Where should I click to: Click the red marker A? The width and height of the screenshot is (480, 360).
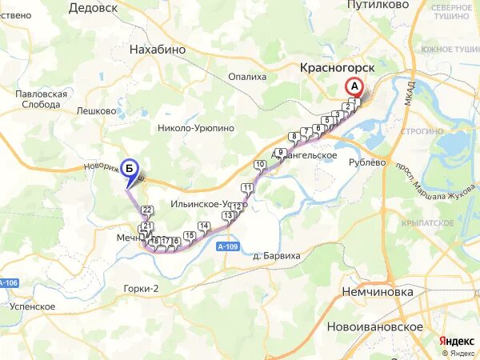point(353,86)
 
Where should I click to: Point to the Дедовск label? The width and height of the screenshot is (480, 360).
point(93,7)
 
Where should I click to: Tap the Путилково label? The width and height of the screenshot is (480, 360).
point(378,5)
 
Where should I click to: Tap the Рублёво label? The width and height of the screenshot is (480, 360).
point(369,162)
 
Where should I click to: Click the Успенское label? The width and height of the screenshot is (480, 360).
point(33,306)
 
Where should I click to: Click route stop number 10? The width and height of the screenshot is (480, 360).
point(259,165)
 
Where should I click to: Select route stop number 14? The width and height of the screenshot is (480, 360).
point(203,226)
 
